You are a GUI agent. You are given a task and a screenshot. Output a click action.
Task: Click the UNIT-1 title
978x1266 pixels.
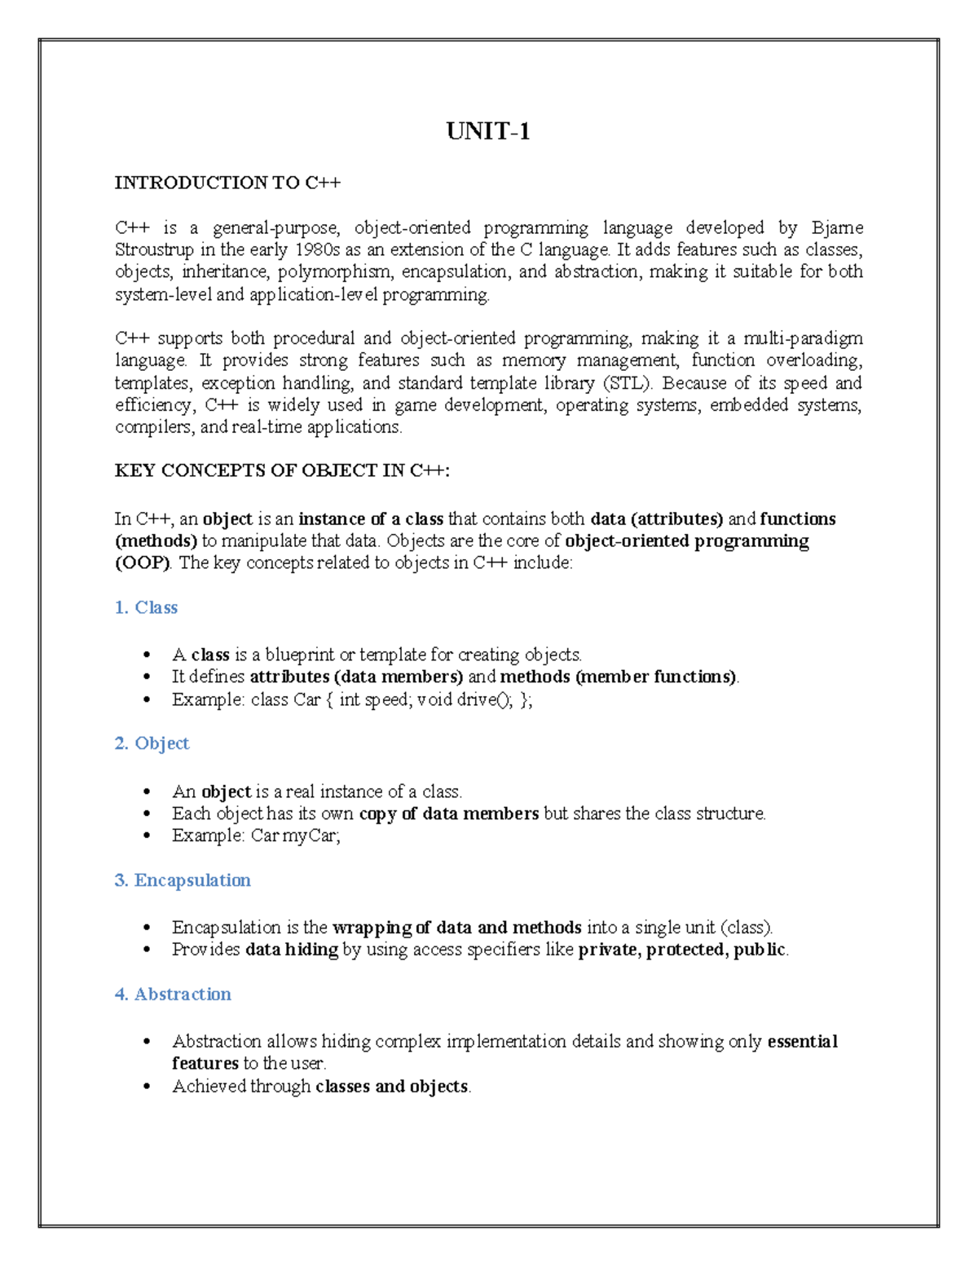click(488, 131)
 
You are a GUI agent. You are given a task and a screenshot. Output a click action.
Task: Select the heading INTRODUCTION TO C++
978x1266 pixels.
click(227, 183)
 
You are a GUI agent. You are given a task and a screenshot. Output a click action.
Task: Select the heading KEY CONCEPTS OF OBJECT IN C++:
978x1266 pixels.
click(282, 470)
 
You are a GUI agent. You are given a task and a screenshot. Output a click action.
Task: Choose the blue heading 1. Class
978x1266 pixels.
click(146, 607)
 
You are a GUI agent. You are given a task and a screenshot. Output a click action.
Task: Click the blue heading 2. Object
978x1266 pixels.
click(152, 743)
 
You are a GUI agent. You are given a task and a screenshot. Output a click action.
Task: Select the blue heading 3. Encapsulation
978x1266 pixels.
click(183, 880)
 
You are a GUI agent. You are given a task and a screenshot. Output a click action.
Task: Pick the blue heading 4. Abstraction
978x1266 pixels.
click(173, 995)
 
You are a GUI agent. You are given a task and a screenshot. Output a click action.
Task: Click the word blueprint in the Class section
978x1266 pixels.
click(300, 655)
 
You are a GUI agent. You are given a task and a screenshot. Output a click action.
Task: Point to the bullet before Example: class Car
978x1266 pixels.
click(147, 699)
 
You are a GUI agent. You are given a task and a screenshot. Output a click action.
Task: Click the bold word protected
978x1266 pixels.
click(685, 950)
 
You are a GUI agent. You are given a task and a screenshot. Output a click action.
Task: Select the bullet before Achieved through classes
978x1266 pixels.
click(147, 1087)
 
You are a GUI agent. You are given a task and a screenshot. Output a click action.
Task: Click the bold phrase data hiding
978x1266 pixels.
click(292, 950)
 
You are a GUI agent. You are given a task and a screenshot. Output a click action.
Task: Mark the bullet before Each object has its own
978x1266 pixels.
click(147, 814)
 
